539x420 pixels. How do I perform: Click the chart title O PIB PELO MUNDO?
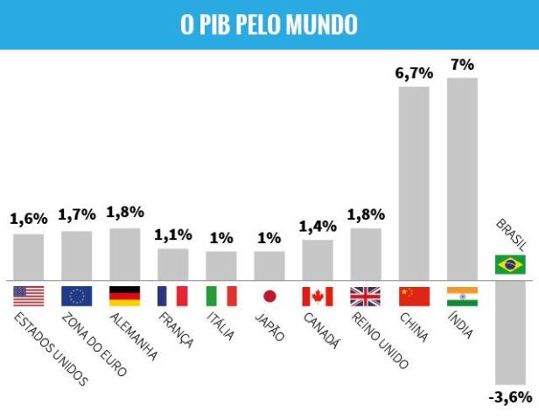[269, 24]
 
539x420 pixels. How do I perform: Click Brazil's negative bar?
[510, 332]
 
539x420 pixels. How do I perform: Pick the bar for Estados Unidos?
[28, 255]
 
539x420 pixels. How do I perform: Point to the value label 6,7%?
[414, 73]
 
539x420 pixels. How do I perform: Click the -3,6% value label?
[510, 397]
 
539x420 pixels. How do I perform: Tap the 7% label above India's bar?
[462, 65]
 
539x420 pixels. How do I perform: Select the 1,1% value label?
[173, 235]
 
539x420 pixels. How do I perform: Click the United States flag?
[28, 296]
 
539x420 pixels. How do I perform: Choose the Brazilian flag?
[510, 264]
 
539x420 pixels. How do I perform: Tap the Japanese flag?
[269, 296]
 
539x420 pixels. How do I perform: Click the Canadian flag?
[318, 296]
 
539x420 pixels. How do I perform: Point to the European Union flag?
[76, 296]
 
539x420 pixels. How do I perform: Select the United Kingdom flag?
[366, 296]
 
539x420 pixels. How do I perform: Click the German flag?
[124, 296]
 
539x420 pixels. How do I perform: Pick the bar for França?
[173, 262]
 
